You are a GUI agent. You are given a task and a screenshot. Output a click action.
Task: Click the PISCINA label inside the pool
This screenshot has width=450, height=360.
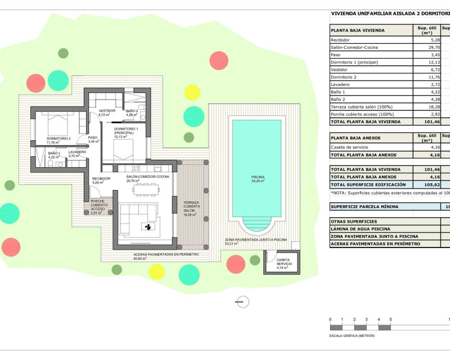point(258,177)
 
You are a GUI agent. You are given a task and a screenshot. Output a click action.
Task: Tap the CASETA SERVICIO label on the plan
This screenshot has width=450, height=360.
point(283,262)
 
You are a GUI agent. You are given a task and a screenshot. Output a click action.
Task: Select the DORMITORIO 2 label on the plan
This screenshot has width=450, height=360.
point(58,138)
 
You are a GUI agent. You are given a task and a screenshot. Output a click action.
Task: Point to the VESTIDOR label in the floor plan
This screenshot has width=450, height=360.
point(107,111)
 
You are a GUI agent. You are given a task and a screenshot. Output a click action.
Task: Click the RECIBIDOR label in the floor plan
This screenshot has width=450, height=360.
point(101,178)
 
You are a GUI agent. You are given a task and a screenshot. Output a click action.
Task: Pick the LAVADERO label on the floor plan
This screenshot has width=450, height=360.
point(77,152)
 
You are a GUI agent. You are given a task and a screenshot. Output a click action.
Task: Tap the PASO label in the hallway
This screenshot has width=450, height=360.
point(93,138)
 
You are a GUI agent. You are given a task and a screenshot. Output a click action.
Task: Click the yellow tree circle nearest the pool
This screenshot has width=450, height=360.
point(192,92)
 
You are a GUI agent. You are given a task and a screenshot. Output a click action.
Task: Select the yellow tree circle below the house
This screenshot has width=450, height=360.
point(157,271)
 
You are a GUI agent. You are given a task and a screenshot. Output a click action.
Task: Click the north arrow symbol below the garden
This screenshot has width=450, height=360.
point(242,303)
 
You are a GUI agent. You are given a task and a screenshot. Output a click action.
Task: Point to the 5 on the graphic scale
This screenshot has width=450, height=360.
point(390,319)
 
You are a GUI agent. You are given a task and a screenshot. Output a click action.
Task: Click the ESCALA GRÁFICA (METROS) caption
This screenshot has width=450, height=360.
point(352,336)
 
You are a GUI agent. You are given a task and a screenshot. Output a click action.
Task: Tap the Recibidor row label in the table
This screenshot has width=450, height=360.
point(340,40)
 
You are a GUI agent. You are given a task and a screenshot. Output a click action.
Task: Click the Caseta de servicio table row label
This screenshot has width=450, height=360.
point(352,147)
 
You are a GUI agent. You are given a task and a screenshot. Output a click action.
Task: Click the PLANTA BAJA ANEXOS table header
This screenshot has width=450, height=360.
point(356,138)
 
